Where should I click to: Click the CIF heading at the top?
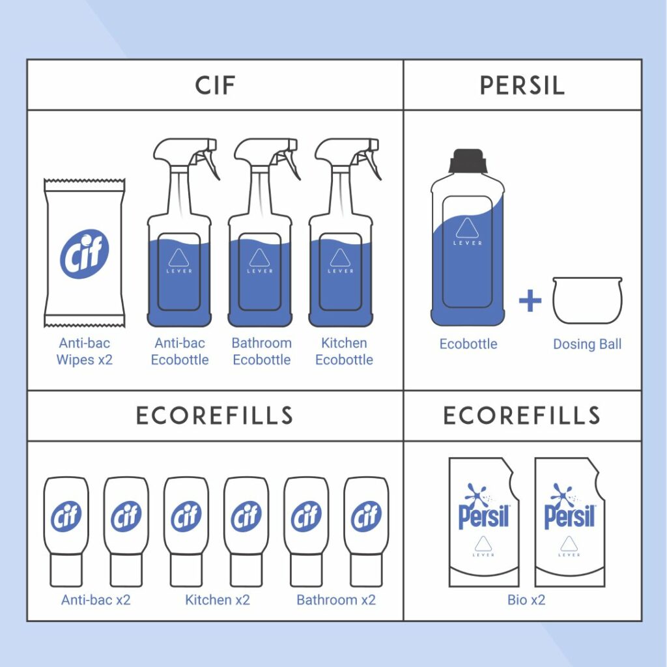pos(215,85)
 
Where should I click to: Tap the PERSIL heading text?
pos(522,85)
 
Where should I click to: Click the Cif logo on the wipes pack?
pos(84,253)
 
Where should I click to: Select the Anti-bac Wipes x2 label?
pos(84,351)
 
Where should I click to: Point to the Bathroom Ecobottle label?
pos(262,351)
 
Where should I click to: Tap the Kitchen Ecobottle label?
pos(344,351)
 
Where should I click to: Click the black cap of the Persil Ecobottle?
pos(468,161)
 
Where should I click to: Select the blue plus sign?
pos(530,300)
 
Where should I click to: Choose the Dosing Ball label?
pos(587,344)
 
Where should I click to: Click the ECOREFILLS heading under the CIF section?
pos(215,416)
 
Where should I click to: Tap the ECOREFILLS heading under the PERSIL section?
pos(522,416)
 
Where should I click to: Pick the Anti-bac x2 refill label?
pos(96,600)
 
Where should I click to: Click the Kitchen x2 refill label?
pos(218,600)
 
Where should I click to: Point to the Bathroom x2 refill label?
pos(336,600)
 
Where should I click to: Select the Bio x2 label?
pos(526,600)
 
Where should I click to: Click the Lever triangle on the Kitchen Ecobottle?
pos(340,258)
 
